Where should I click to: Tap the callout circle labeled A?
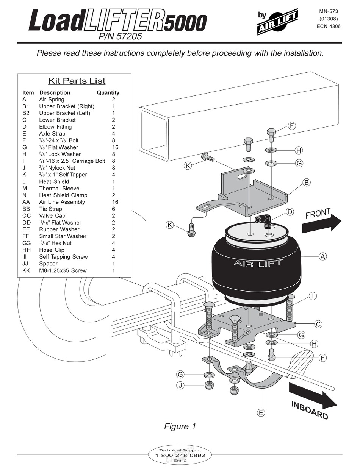(322, 256)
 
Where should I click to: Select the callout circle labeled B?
(307, 183)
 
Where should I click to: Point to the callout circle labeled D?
(290, 212)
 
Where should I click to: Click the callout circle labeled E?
(261, 413)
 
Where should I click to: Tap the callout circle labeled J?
(180, 386)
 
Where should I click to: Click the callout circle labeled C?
(318, 324)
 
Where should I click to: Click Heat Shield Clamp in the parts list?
(63, 195)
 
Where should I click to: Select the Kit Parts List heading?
(77, 81)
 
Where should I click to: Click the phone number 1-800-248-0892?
(180, 456)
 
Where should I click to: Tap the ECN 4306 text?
(329, 27)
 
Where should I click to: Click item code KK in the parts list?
(26, 270)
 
